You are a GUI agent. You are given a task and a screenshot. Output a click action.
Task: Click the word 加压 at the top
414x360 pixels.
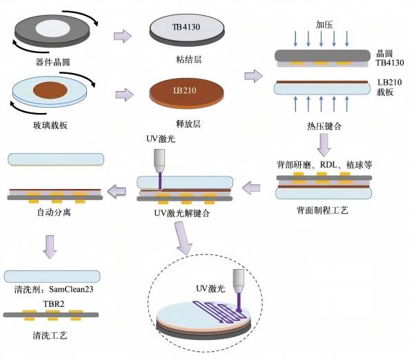coord(324,24)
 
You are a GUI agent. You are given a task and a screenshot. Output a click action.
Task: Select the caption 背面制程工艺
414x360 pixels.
coord(325,208)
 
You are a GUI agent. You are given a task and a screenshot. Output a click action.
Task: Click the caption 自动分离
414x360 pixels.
coord(55,213)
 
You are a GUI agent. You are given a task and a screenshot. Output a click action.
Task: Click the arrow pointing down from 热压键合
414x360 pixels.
coord(324,145)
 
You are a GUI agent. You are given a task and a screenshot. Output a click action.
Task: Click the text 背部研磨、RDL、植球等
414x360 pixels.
coord(325,165)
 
